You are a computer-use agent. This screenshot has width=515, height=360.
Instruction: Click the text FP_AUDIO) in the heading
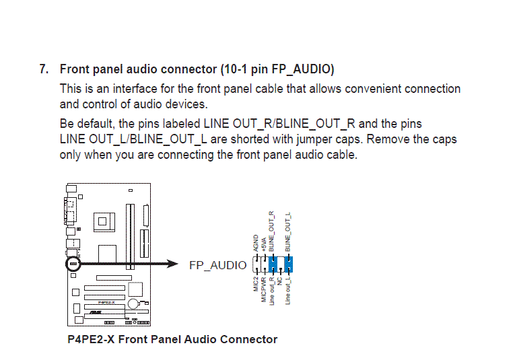(303, 69)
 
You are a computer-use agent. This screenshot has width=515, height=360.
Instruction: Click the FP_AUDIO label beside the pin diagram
(217, 265)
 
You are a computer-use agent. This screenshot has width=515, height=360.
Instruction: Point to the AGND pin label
(256, 243)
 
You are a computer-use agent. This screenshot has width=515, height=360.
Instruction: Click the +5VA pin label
(264, 245)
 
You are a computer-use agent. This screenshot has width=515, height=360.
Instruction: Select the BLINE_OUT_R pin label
(271, 231)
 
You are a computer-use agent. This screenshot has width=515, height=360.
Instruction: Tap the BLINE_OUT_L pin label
(287, 232)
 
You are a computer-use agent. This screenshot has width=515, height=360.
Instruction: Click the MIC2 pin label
(256, 284)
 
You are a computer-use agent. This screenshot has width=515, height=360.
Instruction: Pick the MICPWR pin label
(264, 290)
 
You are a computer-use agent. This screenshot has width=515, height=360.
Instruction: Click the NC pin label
(279, 281)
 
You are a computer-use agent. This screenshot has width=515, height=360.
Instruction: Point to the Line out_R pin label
(271, 291)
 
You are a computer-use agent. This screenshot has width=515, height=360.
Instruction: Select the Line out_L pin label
(287, 291)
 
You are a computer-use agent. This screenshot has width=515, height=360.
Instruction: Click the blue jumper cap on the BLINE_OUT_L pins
(288, 264)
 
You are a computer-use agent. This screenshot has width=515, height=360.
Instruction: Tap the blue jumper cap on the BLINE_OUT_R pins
(273, 264)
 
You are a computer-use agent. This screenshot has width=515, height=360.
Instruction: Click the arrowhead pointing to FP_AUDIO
(172, 264)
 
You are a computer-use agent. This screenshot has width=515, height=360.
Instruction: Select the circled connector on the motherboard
(73, 264)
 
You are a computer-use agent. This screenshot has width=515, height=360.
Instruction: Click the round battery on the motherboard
(133, 303)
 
